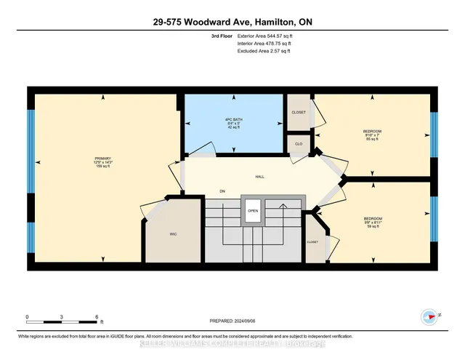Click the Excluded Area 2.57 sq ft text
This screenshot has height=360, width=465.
(x=264, y=51)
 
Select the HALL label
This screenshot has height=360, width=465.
(x=259, y=177)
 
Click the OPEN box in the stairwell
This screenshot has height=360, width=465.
(x=253, y=212)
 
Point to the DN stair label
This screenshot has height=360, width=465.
(x=223, y=192)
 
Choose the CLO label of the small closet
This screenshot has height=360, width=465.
(x=298, y=144)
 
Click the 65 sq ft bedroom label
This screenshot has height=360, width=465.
(x=372, y=135)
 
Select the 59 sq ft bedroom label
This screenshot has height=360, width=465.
(x=372, y=223)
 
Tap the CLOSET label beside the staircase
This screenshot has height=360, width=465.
(x=312, y=241)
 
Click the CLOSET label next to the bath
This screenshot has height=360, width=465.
(x=298, y=113)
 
